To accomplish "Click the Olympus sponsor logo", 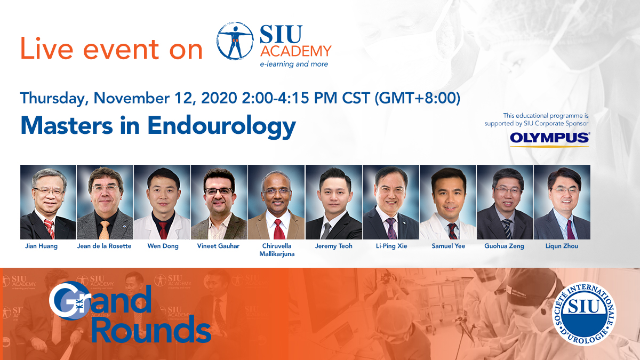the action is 549,139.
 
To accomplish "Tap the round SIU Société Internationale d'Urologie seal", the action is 584,314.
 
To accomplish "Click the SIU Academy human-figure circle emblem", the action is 235,41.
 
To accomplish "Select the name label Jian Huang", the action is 42,246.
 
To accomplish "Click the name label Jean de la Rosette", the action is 105,246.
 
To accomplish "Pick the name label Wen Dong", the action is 163,246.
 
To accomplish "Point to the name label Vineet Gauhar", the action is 218,246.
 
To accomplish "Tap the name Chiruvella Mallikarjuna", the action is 277,250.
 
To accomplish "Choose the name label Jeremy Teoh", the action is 334,246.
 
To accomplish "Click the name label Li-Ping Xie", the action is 391,246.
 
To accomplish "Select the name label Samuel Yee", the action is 449,246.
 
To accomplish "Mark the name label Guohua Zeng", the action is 505,246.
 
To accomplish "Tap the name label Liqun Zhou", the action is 562,246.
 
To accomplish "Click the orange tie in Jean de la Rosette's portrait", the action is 105,230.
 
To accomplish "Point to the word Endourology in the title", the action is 221,126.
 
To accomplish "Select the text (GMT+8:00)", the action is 418,98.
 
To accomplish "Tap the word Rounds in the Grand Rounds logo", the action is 151,329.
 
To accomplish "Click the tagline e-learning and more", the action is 294,64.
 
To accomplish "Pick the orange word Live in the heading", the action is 47,49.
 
